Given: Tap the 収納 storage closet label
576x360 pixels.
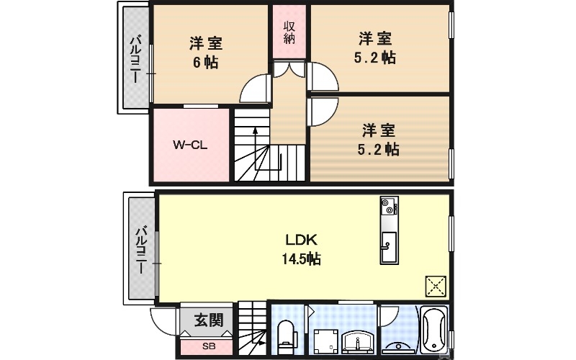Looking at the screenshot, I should pyautogui.click(x=289, y=32).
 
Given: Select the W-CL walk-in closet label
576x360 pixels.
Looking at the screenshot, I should pyautogui.click(x=190, y=144).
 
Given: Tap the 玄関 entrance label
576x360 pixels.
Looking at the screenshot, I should pyautogui.click(x=209, y=320).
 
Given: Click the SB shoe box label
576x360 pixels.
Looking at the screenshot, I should pyautogui.click(x=209, y=346).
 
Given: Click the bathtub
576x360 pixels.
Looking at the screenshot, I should pyautogui.click(x=434, y=330).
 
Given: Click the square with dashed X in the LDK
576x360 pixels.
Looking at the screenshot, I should pyautogui.click(x=435, y=287).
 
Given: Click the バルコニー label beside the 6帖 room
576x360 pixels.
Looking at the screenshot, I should pyautogui.click(x=135, y=58).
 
